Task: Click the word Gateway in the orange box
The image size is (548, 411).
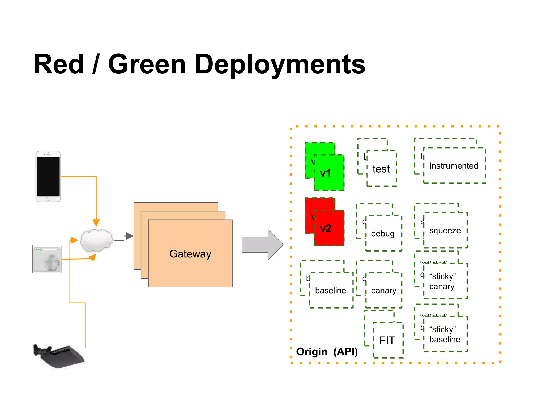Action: [190, 254]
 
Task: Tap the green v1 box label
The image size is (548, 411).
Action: [325, 173]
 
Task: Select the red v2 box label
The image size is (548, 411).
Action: [326, 228]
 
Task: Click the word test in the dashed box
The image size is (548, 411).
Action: [381, 169]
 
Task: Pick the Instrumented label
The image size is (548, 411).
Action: [454, 166]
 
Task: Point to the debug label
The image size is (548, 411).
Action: [383, 234]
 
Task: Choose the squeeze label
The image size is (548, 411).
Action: [445, 230]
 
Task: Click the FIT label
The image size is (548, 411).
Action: [387, 340]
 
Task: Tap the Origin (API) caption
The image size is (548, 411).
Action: [327, 352]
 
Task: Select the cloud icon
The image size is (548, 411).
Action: [96, 240]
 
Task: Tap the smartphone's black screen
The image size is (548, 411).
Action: [48, 177]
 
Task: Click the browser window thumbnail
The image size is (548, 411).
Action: [47, 259]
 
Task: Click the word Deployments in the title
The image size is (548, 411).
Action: [280, 65]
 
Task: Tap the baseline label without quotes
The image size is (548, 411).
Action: [330, 290]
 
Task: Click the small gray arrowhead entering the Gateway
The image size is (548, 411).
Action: [130, 236]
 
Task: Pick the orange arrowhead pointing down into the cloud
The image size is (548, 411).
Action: [96, 223]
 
